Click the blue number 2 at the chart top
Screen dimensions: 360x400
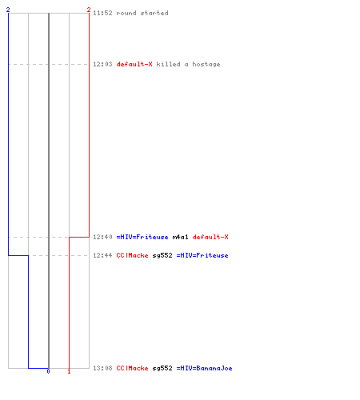pos(8,10)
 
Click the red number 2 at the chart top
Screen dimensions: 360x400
pos(89,10)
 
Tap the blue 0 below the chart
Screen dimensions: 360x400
pos(48,371)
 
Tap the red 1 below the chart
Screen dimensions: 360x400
pos(69,371)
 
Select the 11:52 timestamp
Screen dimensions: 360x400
pos(102,13)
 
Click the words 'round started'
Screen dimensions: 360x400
pos(142,13)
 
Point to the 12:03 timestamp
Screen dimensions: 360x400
pos(102,64)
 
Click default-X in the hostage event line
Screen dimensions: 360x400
pos(134,64)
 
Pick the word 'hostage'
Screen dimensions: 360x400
pos(206,65)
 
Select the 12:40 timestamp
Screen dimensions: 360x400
pos(102,237)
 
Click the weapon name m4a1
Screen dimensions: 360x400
pos(181,237)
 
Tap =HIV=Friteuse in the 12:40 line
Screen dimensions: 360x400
pos(142,237)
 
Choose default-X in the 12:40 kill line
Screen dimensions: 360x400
pos(210,237)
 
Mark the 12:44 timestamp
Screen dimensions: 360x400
pos(102,255)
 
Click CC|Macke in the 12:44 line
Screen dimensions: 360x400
pos(132,255)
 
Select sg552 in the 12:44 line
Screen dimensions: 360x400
pos(162,256)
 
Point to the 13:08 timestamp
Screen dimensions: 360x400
pos(102,368)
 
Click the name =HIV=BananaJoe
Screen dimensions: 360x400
pos(204,368)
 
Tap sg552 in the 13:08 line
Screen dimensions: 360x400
pos(162,369)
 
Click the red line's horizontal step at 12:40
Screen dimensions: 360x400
pos(79,237)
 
